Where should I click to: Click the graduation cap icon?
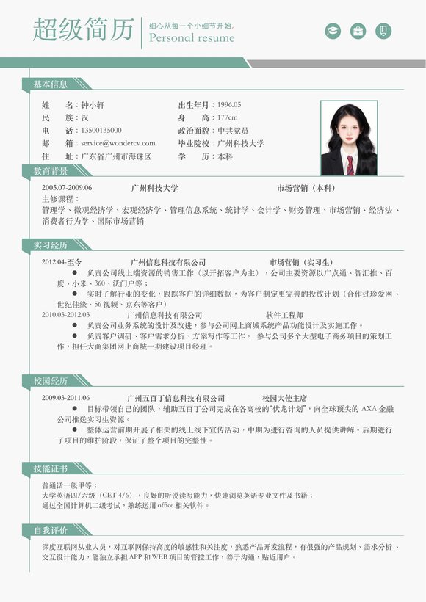pyautogui.click(x=333, y=31)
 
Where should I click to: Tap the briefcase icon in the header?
pyautogui.click(x=358, y=31)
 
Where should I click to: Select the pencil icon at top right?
pyautogui.click(x=383, y=31)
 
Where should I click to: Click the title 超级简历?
pyautogui.click(x=84, y=30)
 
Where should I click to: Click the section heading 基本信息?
pyautogui.click(x=50, y=85)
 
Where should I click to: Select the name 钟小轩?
pyautogui.click(x=93, y=105)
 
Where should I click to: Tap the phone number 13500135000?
pyautogui.click(x=101, y=131)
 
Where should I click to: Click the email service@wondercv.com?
pyautogui.click(x=118, y=143)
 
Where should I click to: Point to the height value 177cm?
pyautogui.click(x=228, y=117)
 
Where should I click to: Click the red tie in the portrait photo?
pyautogui.click(x=350, y=165)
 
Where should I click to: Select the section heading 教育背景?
pyautogui.click(x=50, y=172)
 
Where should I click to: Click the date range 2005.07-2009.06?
pyautogui.click(x=67, y=188)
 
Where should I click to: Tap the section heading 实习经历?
pyautogui.click(x=50, y=245)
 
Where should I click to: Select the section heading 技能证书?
pyautogui.click(x=50, y=468)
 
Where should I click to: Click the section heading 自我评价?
pyautogui.click(x=50, y=530)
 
